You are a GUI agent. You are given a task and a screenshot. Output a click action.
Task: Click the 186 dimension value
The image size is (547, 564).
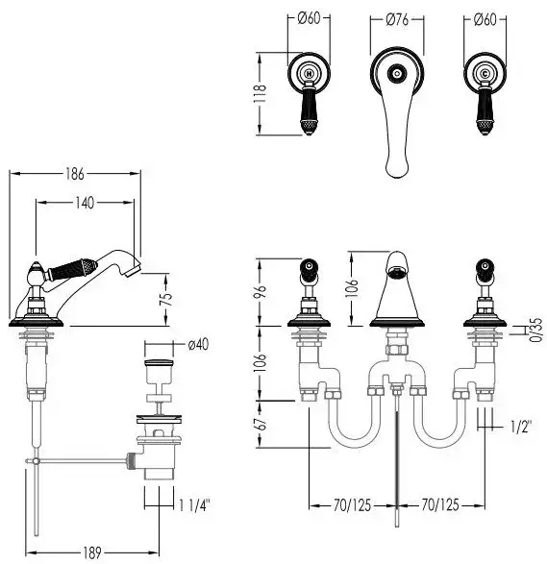coord(75,174)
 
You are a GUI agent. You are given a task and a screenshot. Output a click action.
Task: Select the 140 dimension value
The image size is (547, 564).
coord(85,203)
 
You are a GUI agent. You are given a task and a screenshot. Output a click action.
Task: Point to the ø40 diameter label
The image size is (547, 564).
coord(198,344)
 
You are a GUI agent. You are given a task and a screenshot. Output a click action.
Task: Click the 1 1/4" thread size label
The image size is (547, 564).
coord(194,505)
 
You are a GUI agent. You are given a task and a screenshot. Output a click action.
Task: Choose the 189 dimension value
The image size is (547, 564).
coord(92,552)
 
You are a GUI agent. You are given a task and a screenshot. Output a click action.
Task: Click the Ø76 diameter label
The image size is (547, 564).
coord(397,20)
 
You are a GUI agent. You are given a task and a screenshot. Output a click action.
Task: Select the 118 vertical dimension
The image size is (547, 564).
coord(260,93)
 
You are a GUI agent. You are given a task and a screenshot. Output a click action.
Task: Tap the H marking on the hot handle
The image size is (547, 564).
coord(309,74)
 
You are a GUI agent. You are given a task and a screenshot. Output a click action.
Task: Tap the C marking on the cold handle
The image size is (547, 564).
coord(485,74)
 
